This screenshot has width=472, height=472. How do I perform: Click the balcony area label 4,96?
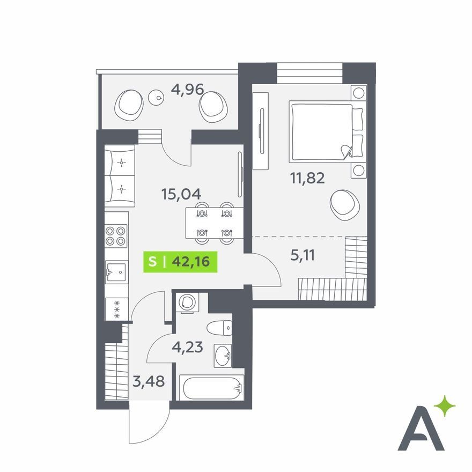coord(187,90)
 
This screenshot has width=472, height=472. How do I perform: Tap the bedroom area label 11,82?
coord(307,178)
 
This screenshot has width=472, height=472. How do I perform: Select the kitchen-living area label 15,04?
coord(181,194)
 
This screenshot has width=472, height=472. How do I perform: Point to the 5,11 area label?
coord(303,255)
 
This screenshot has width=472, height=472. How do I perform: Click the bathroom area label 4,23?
coord(187,347)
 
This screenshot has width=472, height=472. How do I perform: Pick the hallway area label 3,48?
coord(149,381)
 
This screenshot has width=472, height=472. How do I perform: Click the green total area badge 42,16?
coord(180,262)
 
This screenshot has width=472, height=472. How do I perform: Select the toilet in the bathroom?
coord(219,328)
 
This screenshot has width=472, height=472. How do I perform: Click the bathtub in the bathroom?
coord(212,388)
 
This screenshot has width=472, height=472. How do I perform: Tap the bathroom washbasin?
coord(223,356)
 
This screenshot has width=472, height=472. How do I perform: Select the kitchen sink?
coord(116,272)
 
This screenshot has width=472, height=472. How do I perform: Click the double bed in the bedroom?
coord(328,132)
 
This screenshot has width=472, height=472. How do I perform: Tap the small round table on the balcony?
coord(156,97)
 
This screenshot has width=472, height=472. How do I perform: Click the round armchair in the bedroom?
coord(345,205)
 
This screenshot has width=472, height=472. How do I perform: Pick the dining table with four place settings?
coord(215,223)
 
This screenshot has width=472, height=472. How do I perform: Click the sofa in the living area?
coord(120,176)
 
